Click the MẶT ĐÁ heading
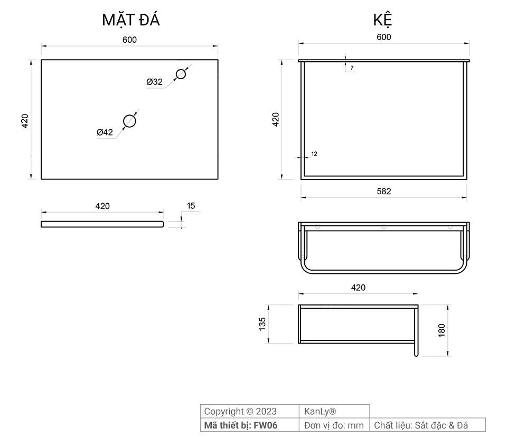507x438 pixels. pos(130,20)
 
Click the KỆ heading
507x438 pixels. pos(382,20)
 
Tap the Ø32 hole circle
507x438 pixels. pos(181,74)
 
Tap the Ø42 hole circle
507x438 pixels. pos(129,121)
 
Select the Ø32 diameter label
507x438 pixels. pos(154,82)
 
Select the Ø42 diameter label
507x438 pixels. pos(105,132)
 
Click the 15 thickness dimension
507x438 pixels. pos(191,206)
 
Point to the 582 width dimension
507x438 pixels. pos(384,191)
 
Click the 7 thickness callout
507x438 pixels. pos(352,68)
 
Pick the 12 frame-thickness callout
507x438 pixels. pos(314,154)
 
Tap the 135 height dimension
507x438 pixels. pos(262,324)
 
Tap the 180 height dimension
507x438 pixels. pos(442,330)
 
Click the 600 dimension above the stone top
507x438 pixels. pos(129,40)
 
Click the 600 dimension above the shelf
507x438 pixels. pos(384,37)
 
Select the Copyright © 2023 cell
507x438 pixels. pos(240,412)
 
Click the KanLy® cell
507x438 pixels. pos(320,412)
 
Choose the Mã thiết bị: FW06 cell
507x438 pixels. pos(240,425)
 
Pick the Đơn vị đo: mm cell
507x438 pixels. pos(334,425)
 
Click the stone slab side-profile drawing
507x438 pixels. pos(102,224)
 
